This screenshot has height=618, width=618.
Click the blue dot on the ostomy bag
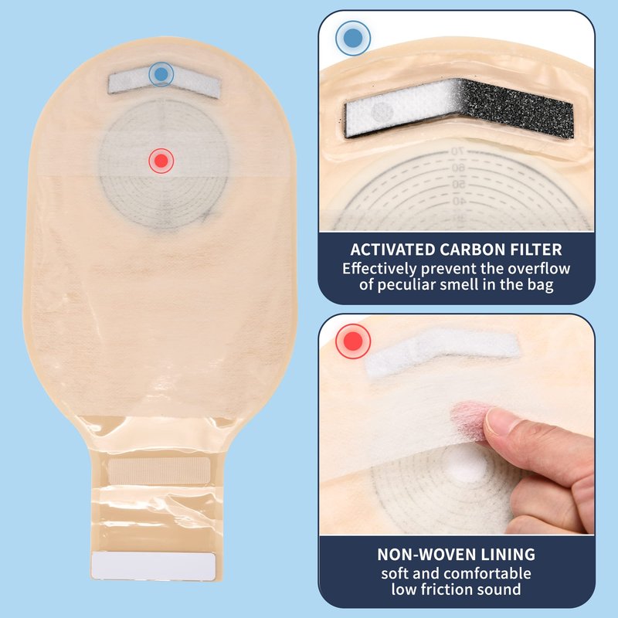(161, 74)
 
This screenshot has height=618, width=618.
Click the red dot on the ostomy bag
(161, 161)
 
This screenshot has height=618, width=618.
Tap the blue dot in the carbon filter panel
(353, 38)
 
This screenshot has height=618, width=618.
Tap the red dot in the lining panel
(353, 341)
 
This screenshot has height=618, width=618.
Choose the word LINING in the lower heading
(509, 555)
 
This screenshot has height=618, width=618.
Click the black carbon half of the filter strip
(516, 108)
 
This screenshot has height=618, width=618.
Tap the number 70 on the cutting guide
(457, 151)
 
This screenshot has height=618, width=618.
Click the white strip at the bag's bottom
(153, 566)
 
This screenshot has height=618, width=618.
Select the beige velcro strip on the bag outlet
(159, 470)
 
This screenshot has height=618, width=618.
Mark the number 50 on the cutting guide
(458, 185)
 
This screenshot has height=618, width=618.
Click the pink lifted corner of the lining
(470, 419)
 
